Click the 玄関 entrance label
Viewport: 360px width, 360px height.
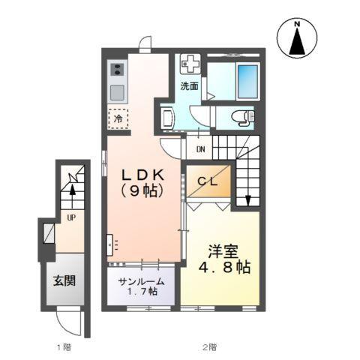point(64,282)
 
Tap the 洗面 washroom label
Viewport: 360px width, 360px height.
point(189,85)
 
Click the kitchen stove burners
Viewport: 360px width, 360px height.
point(117,70)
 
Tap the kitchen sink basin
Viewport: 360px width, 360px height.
point(117,92)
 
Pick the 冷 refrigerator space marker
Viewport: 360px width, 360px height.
point(118,118)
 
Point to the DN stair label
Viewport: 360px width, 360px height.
point(202,148)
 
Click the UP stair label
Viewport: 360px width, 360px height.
point(71,217)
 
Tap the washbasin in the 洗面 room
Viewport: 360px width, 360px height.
point(166,117)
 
